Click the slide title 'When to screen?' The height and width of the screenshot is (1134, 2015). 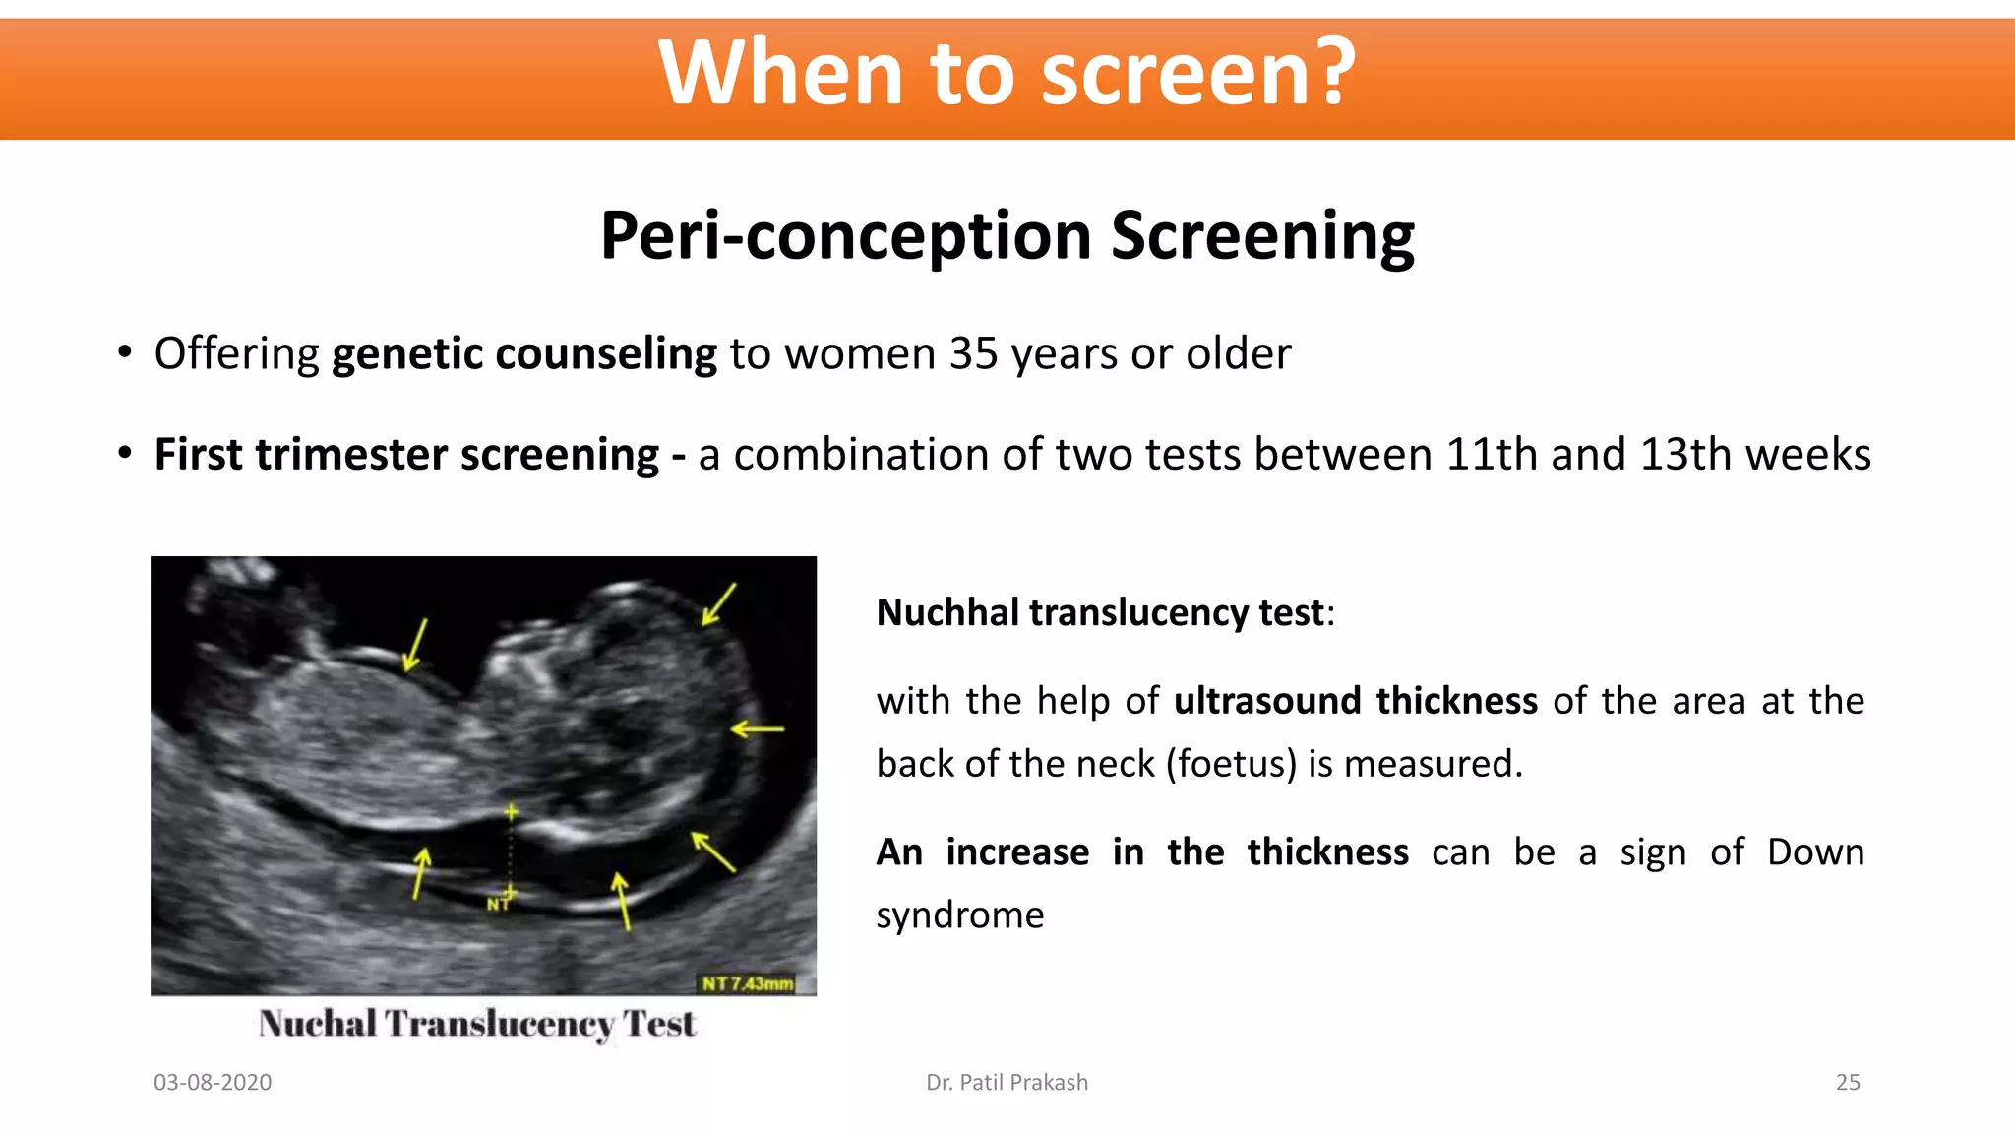pos(1007,73)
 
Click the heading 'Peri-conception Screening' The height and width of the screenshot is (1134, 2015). pos(1007,236)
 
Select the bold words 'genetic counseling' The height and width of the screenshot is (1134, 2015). pos(523,353)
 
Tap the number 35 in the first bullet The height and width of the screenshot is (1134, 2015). pos(973,353)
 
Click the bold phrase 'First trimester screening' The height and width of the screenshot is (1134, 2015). pos(406,455)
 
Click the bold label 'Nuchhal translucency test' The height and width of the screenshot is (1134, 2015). pos(1100,612)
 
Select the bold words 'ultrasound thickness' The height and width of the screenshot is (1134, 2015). pos(1355,701)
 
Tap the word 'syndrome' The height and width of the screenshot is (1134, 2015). pos(959,915)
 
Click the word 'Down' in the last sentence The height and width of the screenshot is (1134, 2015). pos(1815,852)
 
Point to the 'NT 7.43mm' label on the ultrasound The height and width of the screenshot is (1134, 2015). pos(747,983)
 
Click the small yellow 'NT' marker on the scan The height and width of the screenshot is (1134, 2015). pos(498,904)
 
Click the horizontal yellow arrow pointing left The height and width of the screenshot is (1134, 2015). pos(757,729)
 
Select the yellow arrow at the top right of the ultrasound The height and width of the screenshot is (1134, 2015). pos(718,604)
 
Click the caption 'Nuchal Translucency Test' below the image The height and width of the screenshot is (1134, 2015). pos(477,1024)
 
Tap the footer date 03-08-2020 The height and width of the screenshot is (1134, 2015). pos(213,1082)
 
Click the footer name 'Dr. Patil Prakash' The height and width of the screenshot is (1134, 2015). pos(1007,1082)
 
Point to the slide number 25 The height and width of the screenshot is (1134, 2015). pos(1847,1082)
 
